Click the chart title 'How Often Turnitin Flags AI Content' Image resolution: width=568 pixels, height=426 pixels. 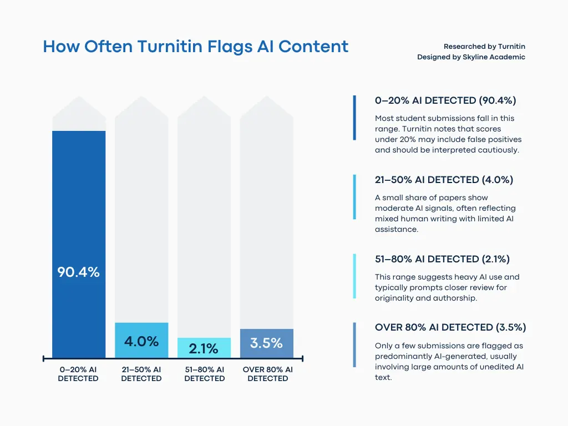point(196,47)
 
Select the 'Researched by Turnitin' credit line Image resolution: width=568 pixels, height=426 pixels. point(484,47)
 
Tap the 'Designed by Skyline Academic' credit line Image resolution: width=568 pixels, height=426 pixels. point(471,57)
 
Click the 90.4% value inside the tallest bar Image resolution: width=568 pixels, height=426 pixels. point(79,272)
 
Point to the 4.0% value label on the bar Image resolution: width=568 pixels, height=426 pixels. point(141,341)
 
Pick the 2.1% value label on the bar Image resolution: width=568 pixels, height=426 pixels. point(204,349)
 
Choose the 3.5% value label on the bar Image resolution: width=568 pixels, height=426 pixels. point(266,343)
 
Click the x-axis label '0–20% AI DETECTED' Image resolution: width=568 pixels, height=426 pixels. point(78,374)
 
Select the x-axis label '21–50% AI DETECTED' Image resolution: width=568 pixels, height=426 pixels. point(141,374)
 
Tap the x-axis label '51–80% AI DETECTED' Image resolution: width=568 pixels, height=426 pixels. point(204,374)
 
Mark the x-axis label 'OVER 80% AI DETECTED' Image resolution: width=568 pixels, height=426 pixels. point(268,374)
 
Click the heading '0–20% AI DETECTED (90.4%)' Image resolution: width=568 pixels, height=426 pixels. point(445,100)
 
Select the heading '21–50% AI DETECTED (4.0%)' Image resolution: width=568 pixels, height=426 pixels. point(444,180)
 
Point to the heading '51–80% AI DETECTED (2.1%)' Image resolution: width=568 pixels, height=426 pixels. point(442,259)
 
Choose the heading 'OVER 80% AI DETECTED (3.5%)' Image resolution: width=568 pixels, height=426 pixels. point(450,327)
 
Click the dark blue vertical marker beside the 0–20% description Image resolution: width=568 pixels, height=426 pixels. point(354,118)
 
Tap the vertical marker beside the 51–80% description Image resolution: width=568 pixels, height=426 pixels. point(354,276)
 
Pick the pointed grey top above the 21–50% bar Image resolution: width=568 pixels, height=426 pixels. point(141,108)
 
